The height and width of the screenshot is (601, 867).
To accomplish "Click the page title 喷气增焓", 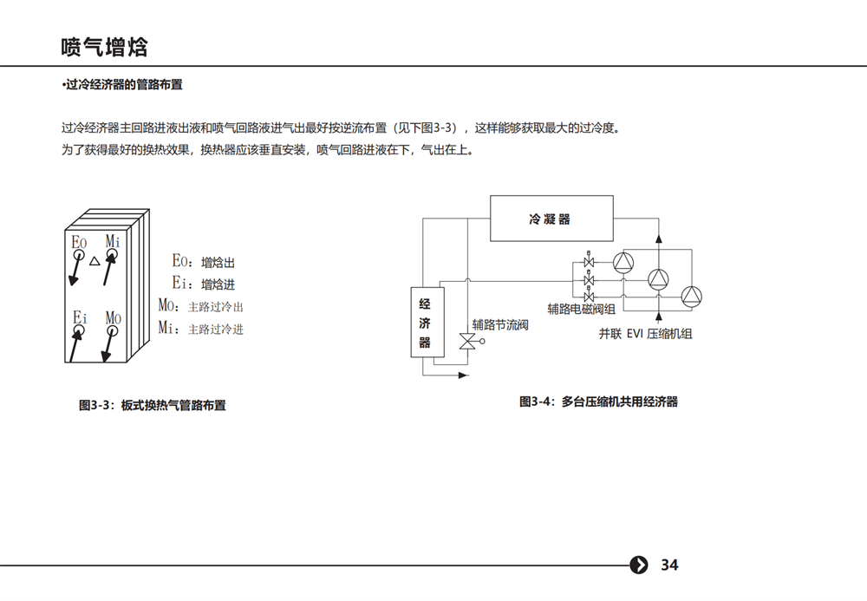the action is (x=105, y=47).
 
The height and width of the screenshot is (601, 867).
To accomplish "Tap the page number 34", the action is (x=669, y=565).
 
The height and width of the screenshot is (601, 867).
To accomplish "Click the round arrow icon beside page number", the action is (x=639, y=565).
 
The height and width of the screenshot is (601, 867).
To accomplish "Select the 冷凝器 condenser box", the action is (x=551, y=219).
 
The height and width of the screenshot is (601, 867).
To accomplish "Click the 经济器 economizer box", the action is (x=427, y=322).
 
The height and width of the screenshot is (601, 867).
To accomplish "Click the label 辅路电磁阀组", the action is (x=581, y=309).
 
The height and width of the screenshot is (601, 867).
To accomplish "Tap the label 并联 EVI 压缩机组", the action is (x=645, y=333).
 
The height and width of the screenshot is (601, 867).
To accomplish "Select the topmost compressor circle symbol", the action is (x=623, y=263).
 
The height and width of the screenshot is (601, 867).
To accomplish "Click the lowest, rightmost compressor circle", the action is (x=691, y=297).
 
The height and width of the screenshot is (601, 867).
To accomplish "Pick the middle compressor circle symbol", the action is (x=658, y=280).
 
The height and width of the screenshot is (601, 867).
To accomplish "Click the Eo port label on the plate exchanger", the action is (x=79, y=242).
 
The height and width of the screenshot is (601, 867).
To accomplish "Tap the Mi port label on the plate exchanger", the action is (x=113, y=241).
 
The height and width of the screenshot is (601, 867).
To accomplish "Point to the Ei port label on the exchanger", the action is (x=80, y=317).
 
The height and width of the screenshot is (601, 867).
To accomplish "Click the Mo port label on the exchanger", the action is (x=113, y=318).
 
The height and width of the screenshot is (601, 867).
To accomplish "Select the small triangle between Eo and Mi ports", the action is (x=95, y=262).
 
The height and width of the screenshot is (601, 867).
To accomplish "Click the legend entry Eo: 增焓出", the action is (x=204, y=262).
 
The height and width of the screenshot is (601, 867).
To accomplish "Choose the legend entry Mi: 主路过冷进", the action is (x=201, y=329).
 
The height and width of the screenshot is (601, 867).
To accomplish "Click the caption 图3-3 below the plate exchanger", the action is (x=152, y=405).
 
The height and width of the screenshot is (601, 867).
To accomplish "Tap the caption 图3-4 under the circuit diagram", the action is (x=598, y=402).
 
